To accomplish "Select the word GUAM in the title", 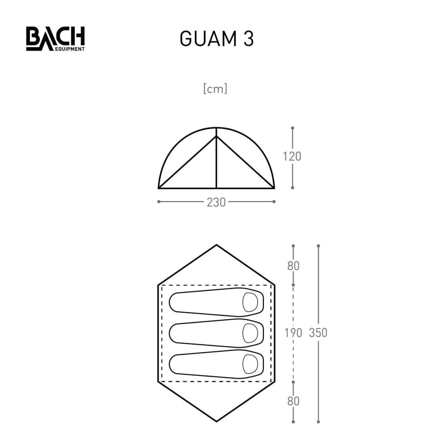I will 207,39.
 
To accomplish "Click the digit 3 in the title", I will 249,39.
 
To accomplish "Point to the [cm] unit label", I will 215,89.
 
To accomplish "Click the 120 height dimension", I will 292,156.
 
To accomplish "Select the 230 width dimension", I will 216,202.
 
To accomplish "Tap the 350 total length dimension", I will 318,333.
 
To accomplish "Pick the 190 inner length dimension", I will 293,333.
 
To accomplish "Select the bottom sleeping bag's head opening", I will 249,362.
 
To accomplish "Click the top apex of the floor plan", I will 216,245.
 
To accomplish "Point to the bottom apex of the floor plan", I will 216,421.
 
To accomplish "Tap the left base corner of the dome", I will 159,188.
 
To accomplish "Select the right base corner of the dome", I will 274,188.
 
